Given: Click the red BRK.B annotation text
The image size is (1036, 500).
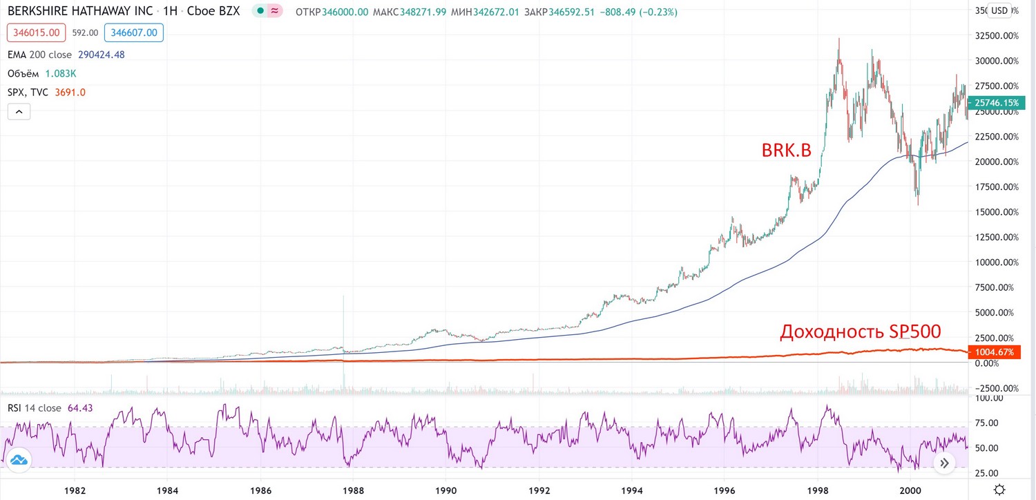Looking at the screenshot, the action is (786, 151).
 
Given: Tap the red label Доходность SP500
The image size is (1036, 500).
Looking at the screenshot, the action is (861, 331).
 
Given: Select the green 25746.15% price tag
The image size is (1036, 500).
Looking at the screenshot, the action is (997, 103).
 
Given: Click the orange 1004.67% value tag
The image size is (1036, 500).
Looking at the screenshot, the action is (995, 352).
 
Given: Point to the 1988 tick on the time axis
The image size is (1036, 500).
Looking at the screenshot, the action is (353, 490).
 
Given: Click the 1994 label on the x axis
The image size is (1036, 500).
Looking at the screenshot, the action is (632, 490).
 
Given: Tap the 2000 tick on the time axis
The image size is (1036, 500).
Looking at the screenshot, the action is (910, 490).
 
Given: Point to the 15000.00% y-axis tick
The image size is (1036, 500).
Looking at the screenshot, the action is (997, 212).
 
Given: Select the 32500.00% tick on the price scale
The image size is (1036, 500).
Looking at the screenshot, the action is (997, 36).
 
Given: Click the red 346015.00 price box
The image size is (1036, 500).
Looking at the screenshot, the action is (36, 33).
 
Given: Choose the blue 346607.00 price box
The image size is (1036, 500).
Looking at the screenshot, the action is (134, 33).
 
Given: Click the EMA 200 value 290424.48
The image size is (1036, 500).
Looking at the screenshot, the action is (102, 55).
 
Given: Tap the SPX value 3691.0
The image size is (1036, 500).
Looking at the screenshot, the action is (70, 93).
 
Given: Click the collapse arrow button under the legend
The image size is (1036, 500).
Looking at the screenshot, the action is (19, 112).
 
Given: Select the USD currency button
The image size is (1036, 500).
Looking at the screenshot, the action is (999, 10).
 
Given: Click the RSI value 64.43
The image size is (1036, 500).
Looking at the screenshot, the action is (80, 408).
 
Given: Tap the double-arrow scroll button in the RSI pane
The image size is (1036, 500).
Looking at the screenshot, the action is (944, 463).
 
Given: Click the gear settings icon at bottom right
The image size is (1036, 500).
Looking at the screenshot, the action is (999, 490).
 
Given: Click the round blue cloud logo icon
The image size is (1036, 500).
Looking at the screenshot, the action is (19, 460).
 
